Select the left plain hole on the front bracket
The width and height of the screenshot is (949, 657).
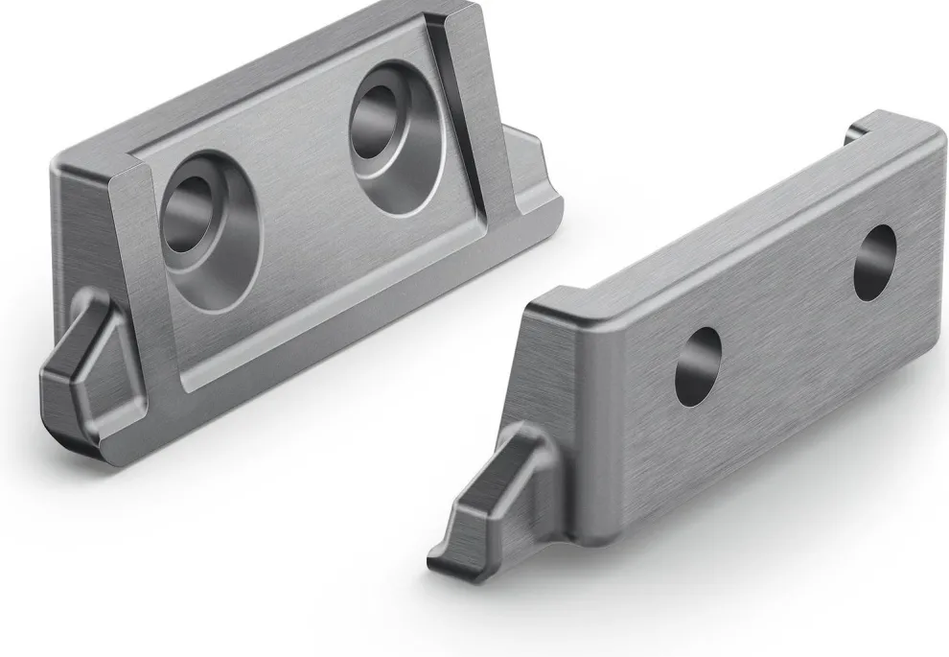pos(698,365)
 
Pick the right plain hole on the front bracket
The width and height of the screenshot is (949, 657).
pos(874,262)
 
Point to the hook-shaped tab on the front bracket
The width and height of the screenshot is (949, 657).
pos(494,499)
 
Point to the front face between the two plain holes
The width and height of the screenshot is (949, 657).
pos(786,317)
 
